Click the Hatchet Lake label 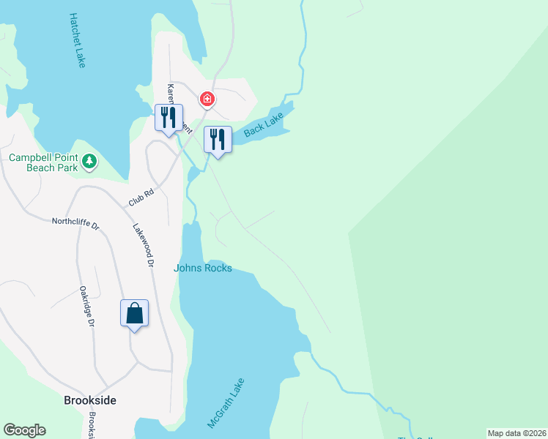coord(77,40)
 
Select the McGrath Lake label coord(226,403)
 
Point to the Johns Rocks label coord(203,269)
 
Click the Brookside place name coord(90,401)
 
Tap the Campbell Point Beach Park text coord(42,157)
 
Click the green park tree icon coord(89,160)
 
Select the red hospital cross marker coord(207,98)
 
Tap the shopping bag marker coord(135,313)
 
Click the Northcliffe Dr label coord(75,222)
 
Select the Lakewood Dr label coord(144,244)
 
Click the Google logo coord(24,430)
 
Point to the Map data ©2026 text coord(516,433)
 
